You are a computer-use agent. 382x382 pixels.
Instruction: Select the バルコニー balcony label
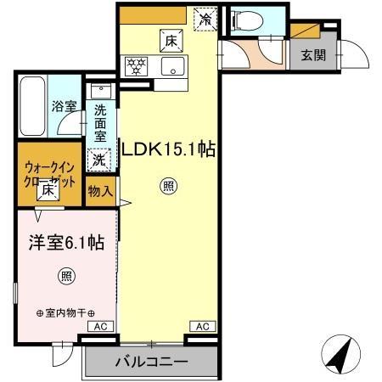(151, 362)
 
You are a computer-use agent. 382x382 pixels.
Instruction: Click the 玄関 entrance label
(313, 58)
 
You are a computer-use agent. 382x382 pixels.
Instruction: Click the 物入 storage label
(100, 192)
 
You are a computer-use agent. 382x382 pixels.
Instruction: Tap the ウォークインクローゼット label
(50, 173)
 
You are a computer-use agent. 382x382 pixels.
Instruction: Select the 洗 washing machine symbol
(100, 158)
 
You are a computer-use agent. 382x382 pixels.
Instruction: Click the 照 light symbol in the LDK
(168, 188)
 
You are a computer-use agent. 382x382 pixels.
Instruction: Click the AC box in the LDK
(204, 326)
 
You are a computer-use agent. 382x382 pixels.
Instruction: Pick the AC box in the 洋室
(99, 326)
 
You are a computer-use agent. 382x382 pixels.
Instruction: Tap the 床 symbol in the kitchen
(171, 40)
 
